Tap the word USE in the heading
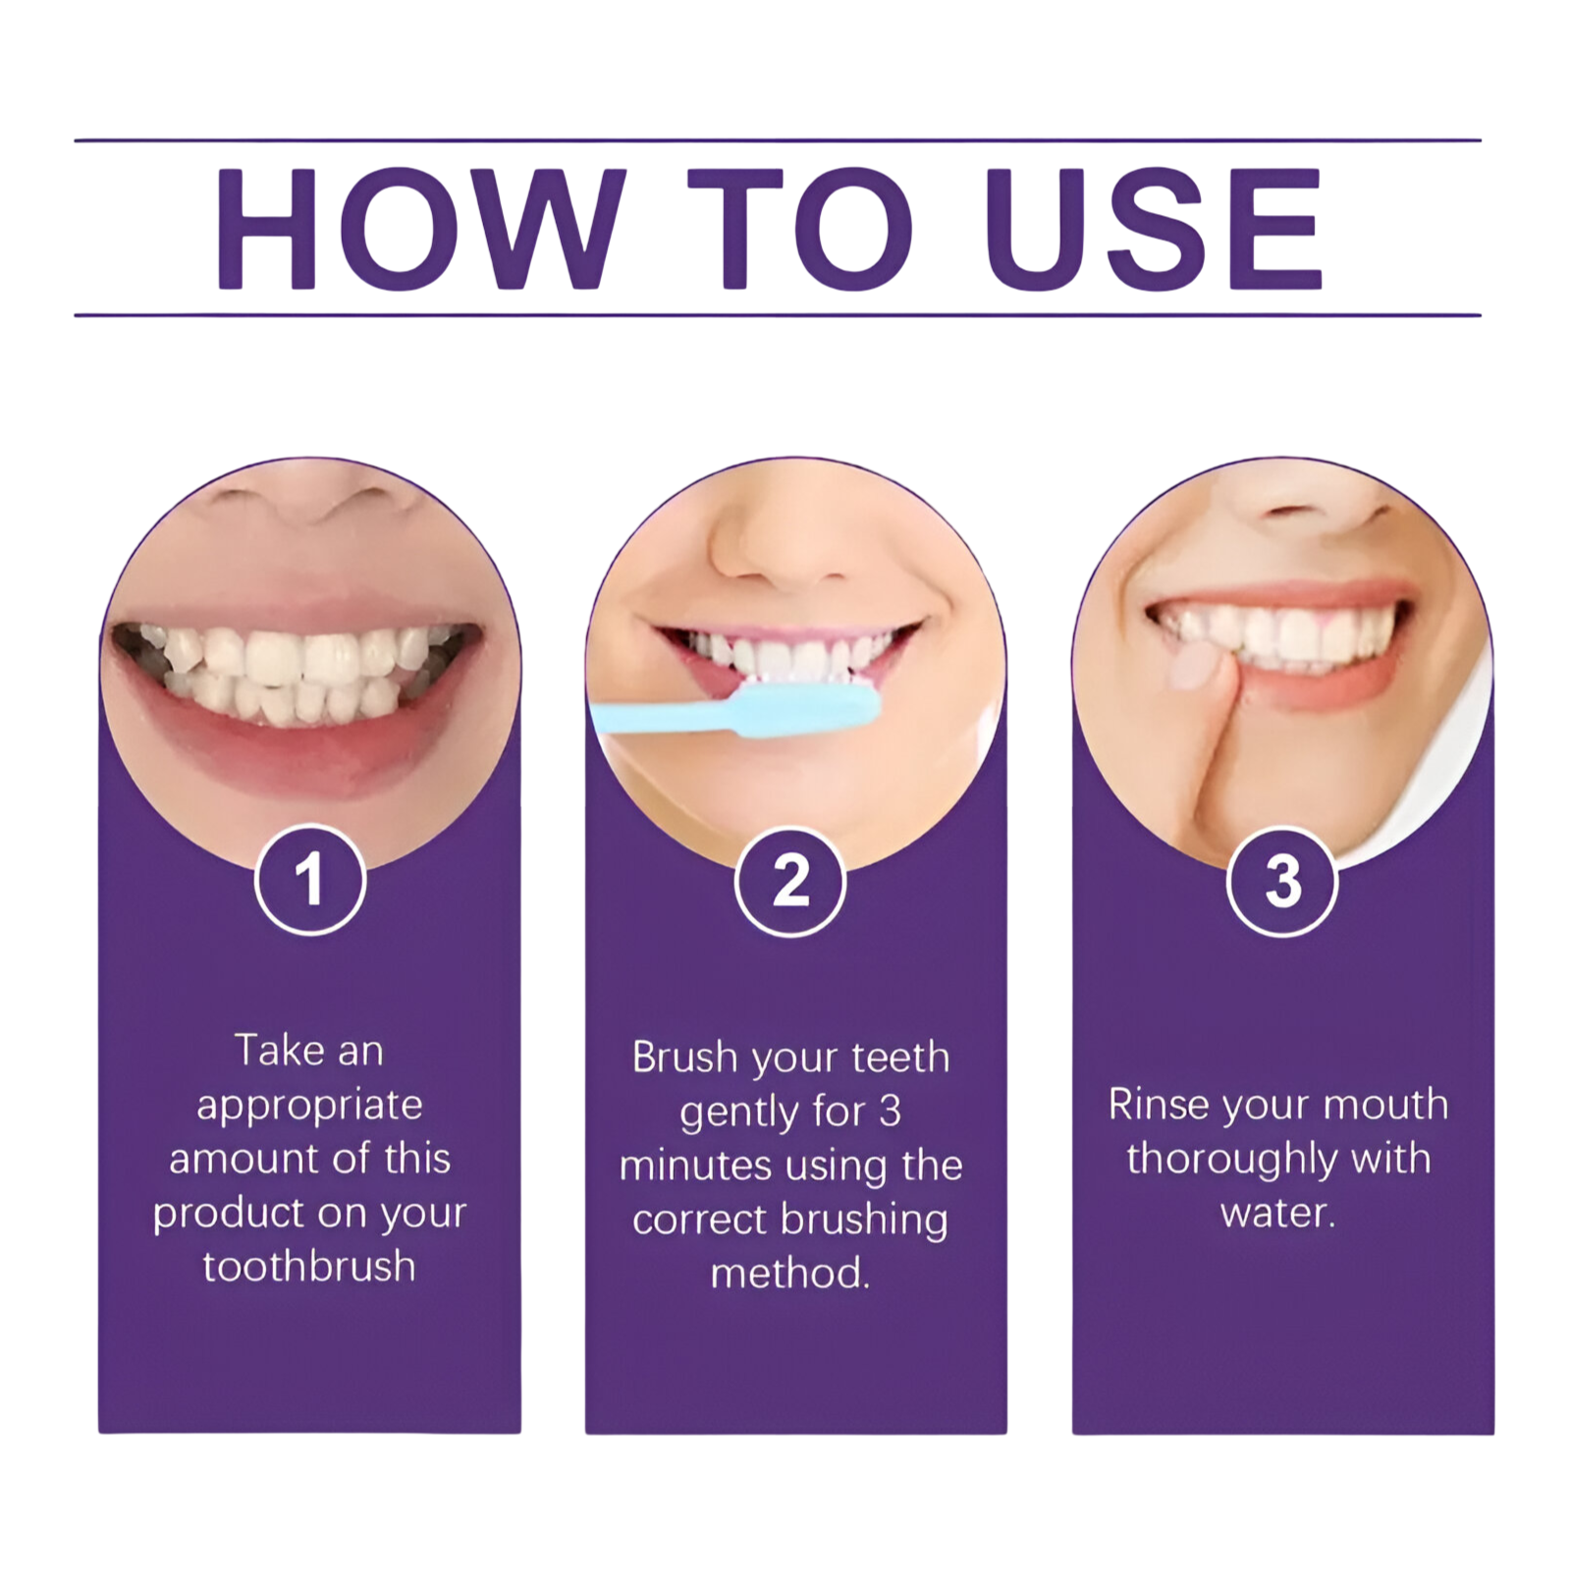point(1153,229)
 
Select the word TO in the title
point(799,229)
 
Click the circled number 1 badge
point(310,880)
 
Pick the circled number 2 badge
point(790,881)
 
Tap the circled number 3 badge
point(1282,881)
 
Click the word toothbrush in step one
point(309,1267)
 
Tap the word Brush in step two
point(684,1057)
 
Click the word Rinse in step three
point(1159,1105)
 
